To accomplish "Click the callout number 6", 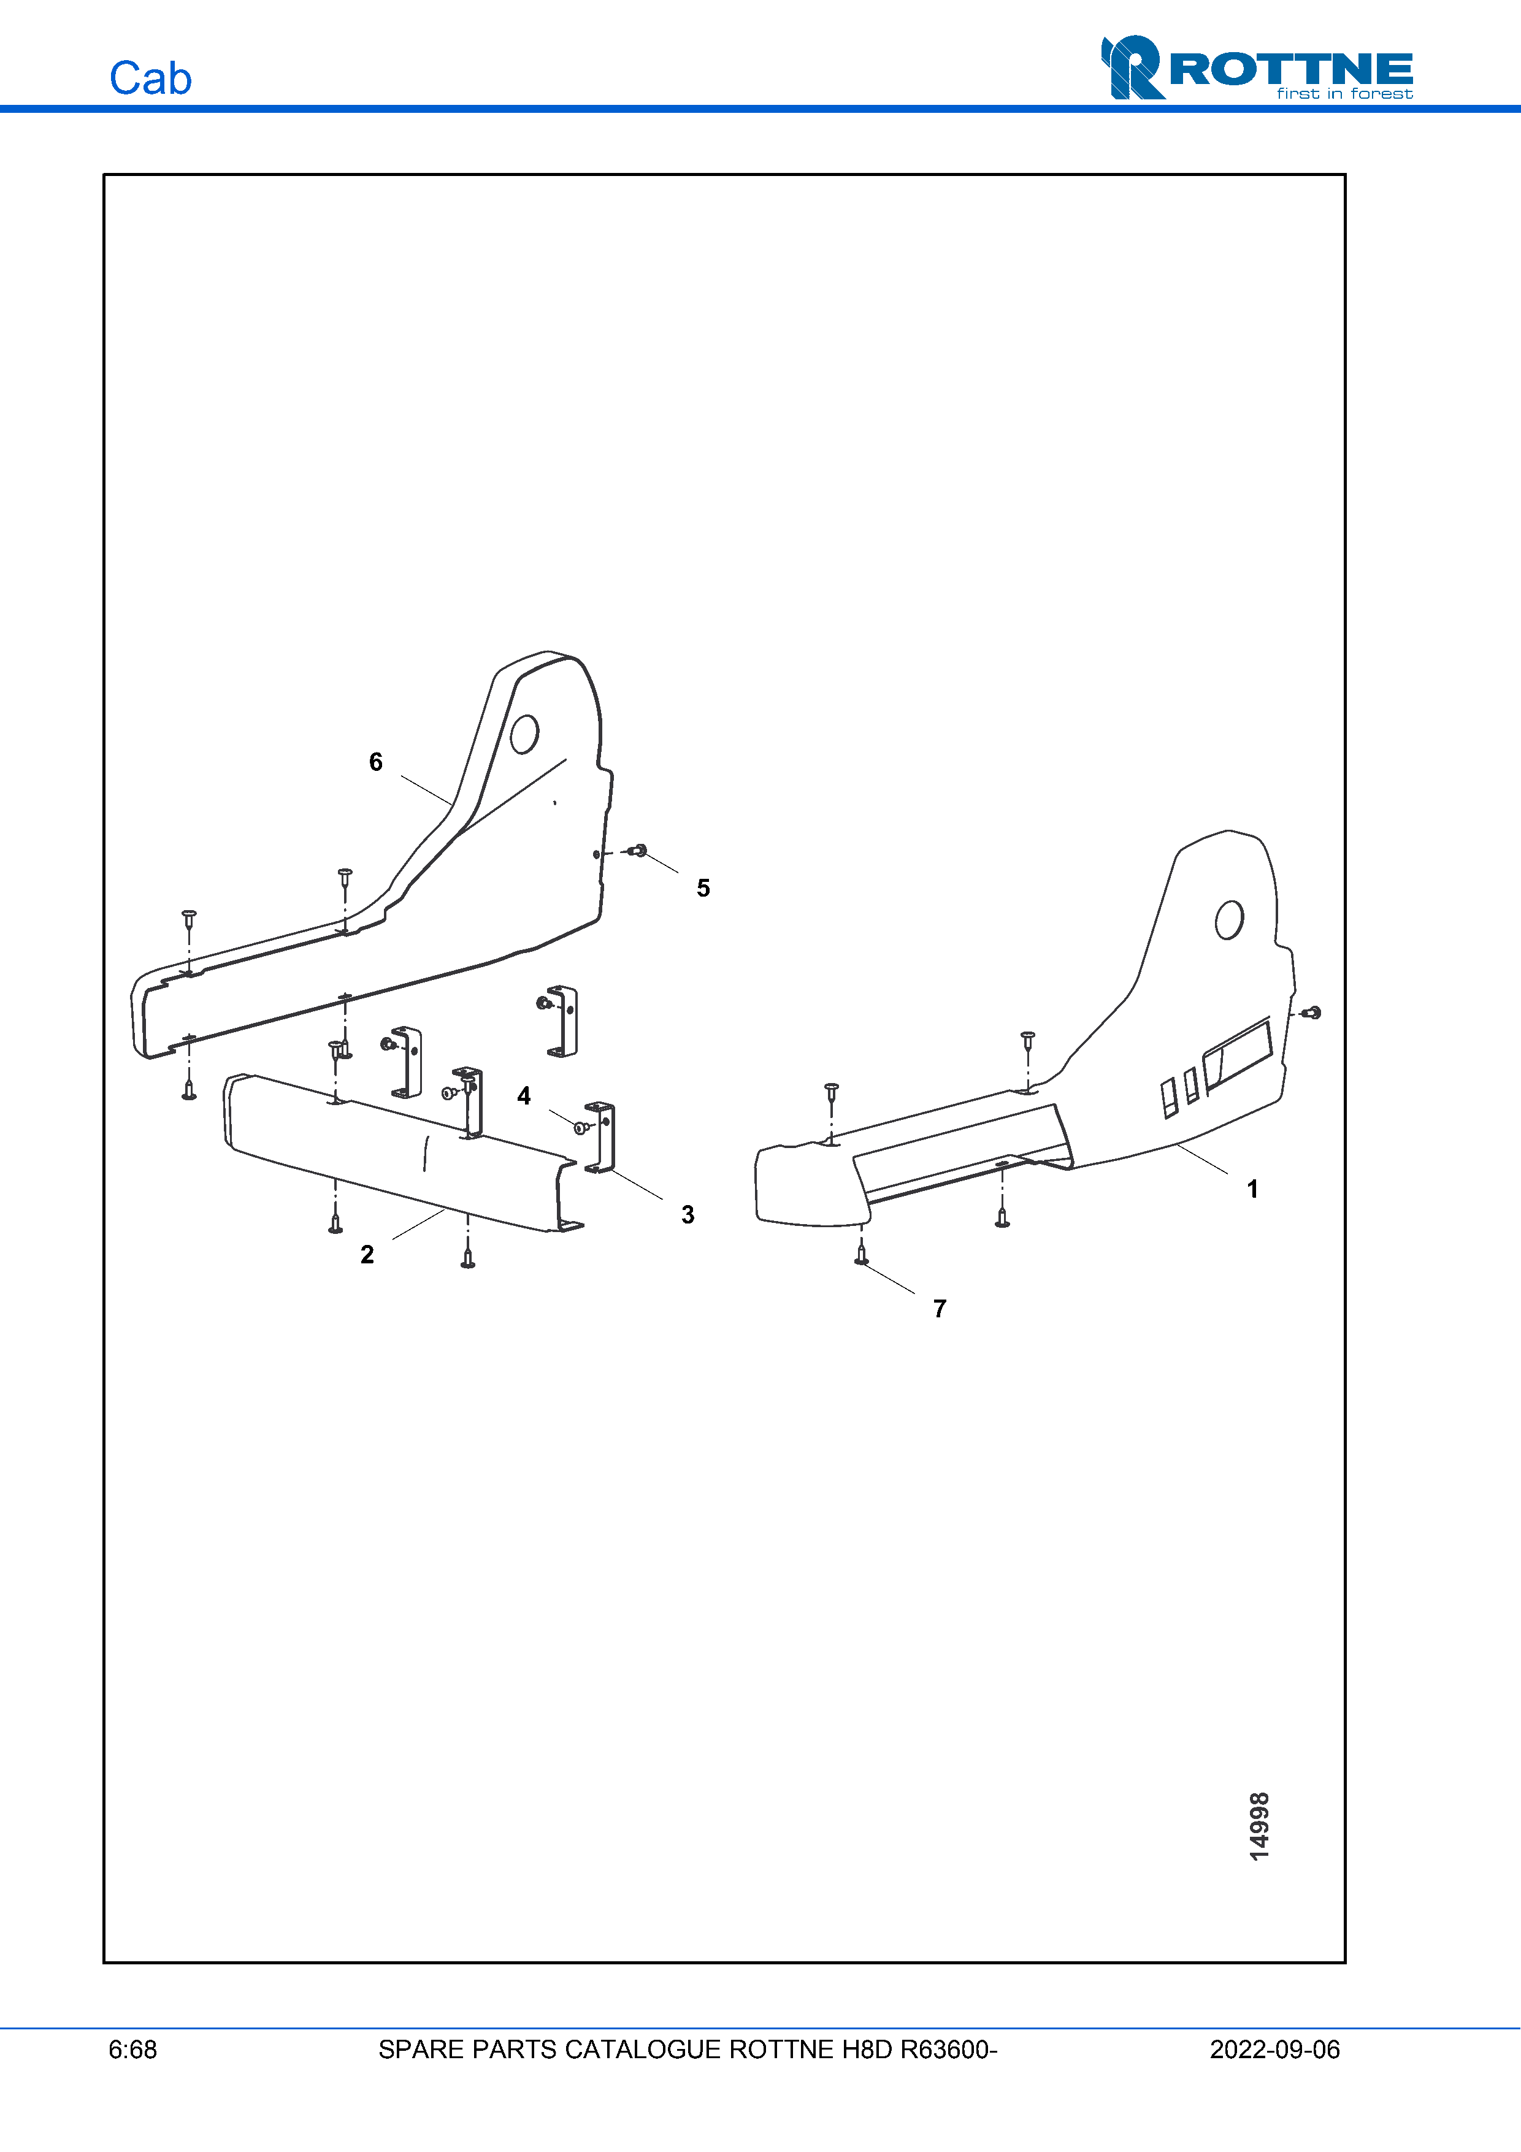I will (376, 762).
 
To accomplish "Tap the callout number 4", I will (524, 1096).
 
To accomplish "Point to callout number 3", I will (688, 1215).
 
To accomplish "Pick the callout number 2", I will (367, 1254).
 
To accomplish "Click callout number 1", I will (1252, 1189).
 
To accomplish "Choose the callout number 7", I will (940, 1309).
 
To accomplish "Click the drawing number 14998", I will (1260, 1826).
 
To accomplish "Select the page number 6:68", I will (132, 2050).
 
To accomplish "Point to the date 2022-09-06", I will (1274, 2050).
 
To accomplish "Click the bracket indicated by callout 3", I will (600, 1137).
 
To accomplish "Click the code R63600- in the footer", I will (948, 2050).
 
